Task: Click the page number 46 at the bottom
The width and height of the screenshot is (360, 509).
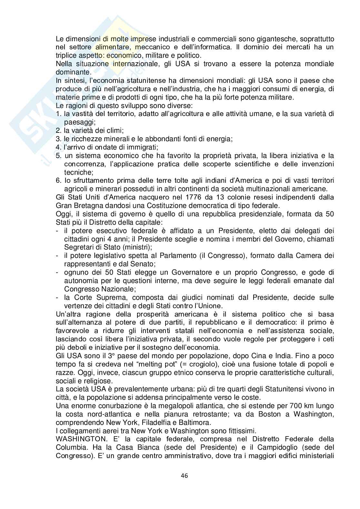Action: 180,476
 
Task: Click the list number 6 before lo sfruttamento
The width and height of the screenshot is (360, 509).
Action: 58,181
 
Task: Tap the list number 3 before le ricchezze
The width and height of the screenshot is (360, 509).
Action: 58,139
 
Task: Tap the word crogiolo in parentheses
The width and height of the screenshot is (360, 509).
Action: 192,364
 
